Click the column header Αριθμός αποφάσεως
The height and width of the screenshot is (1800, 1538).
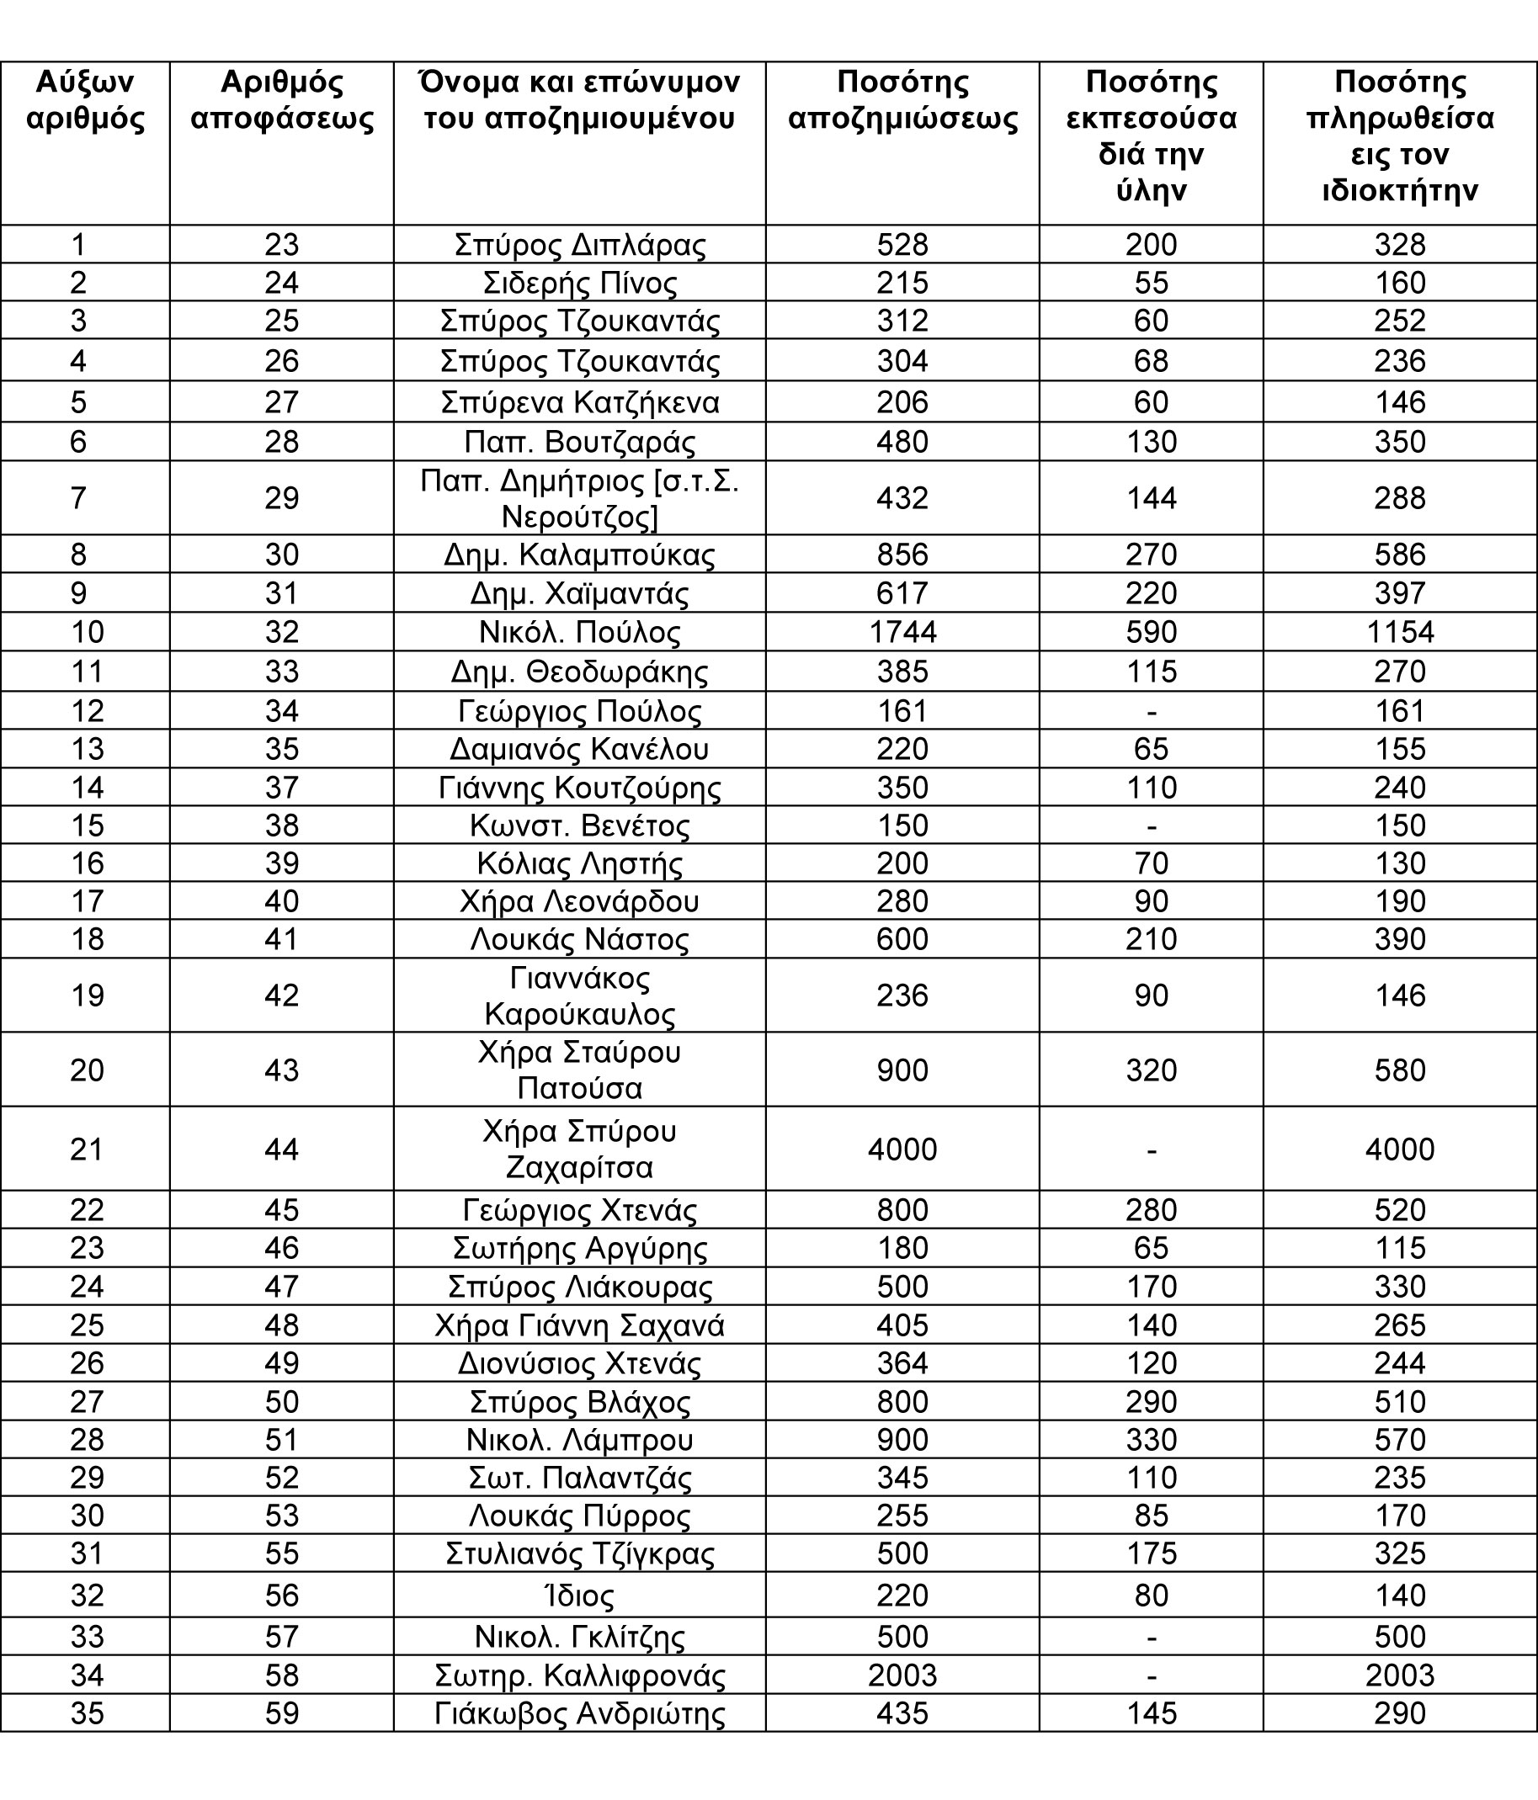click(x=281, y=100)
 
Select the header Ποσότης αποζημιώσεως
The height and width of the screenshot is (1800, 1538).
click(x=902, y=100)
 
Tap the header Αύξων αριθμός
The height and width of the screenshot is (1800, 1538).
click(x=85, y=100)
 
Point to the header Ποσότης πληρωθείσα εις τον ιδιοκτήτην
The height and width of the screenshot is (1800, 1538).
click(x=1400, y=136)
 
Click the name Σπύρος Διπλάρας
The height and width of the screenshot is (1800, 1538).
click(x=579, y=245)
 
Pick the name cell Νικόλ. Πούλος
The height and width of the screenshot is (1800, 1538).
click(x=579, y=632)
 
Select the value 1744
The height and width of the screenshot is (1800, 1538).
click(x=902, y=632)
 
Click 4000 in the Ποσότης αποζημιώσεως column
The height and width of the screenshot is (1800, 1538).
click(x=902, y=1150)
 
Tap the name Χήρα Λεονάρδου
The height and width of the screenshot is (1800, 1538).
click(x=579, y=901)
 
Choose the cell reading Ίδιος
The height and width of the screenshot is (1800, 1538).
click(x=579, y=1596)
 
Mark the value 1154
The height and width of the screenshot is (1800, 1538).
click(x=1400, y=632)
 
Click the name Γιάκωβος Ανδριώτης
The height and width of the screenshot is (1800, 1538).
click(x=579, y=1714)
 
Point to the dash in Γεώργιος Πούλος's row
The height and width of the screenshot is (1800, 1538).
click(x=1152, y=711)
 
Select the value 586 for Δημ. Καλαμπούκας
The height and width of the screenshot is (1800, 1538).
click(x=1400, y=555)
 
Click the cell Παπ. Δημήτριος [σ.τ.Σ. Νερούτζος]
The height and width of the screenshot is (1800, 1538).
click(x=579, y=498)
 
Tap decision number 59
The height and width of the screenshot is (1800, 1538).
click(x=281, y=1714)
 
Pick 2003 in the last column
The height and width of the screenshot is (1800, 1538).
click(x=1400, y=1675)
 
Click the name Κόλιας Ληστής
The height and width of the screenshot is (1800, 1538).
click(x=579, y=863)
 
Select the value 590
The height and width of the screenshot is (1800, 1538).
click(x=1152, y=632)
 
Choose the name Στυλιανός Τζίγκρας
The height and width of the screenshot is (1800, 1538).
click(x=579, y=1554)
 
